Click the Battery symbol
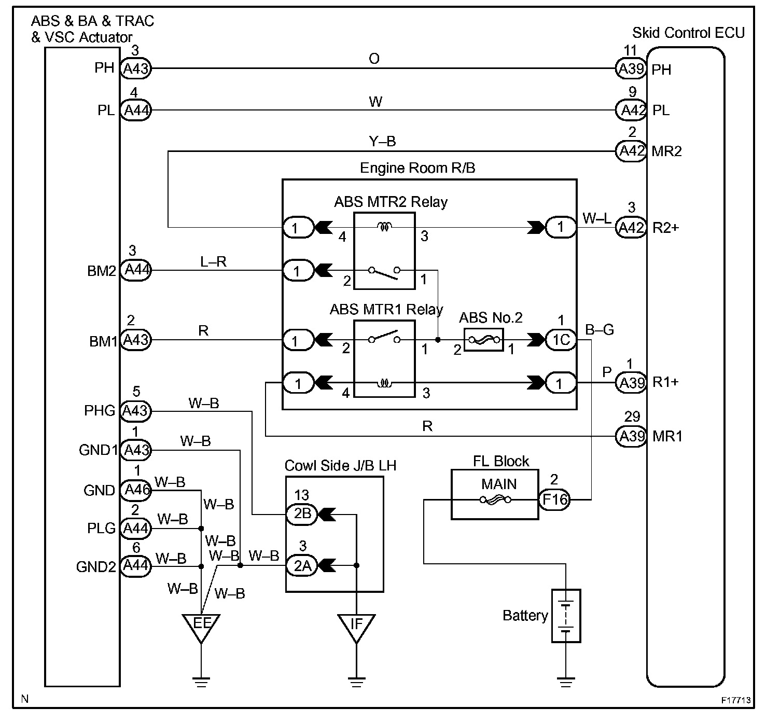[x=566, y=616]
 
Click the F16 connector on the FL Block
[x=554, y=499]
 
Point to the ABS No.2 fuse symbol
[x=483, y=340]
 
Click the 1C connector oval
[x=561, y=340]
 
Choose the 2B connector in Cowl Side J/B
[x=302, y=514]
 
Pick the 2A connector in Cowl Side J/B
[x=302, y=566]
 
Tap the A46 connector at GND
[x=136, y=490]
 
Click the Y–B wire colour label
[x=383, y=141]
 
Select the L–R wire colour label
[x=213, y=261]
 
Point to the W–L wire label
[x=596, y=218]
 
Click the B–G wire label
[x=600, y=329]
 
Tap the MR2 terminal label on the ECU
[x=666, y=151]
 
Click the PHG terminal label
[x=100, y=411]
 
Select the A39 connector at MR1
[x=631, y=436]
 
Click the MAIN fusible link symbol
[x=495, y=500]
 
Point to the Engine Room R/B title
[x=417, y=168]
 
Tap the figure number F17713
[x=735, y=700]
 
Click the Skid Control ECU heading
[x=689, y=33]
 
